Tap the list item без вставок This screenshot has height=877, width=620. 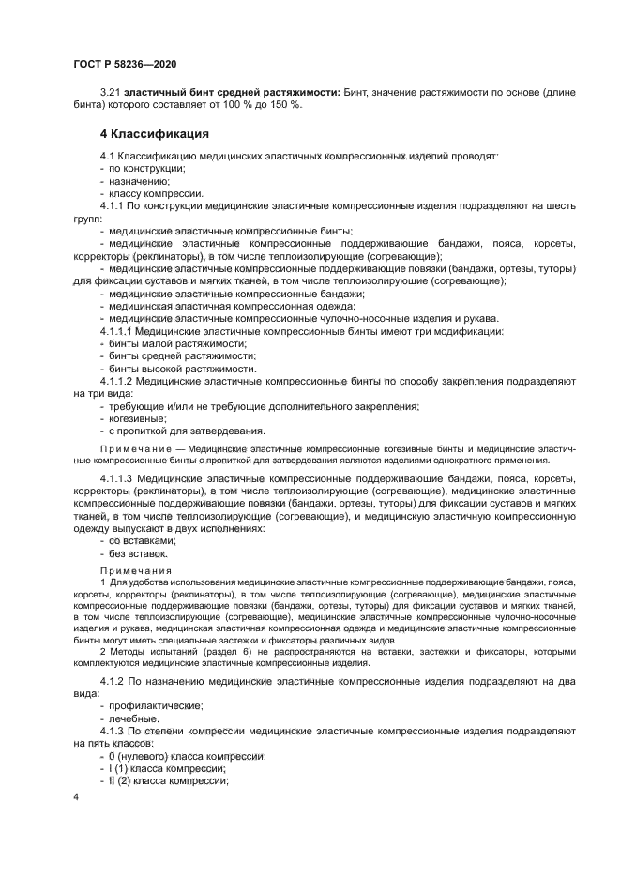139,553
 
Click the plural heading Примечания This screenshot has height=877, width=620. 135,570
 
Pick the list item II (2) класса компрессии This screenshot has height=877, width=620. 170,780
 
